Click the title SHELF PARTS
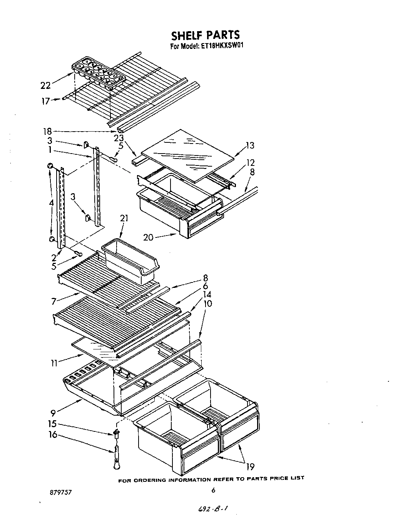(x=205, y=35)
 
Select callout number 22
(x=46, y=85)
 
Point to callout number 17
(x=46, y=101)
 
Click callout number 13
(x=250, y=145)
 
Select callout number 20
(x=149, y=237)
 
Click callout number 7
(x=54, y=301)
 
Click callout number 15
(x=52, y=424)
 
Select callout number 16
(x=52, y=435)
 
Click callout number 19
(x=250, y=467)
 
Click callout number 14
(x=207, y=294)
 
